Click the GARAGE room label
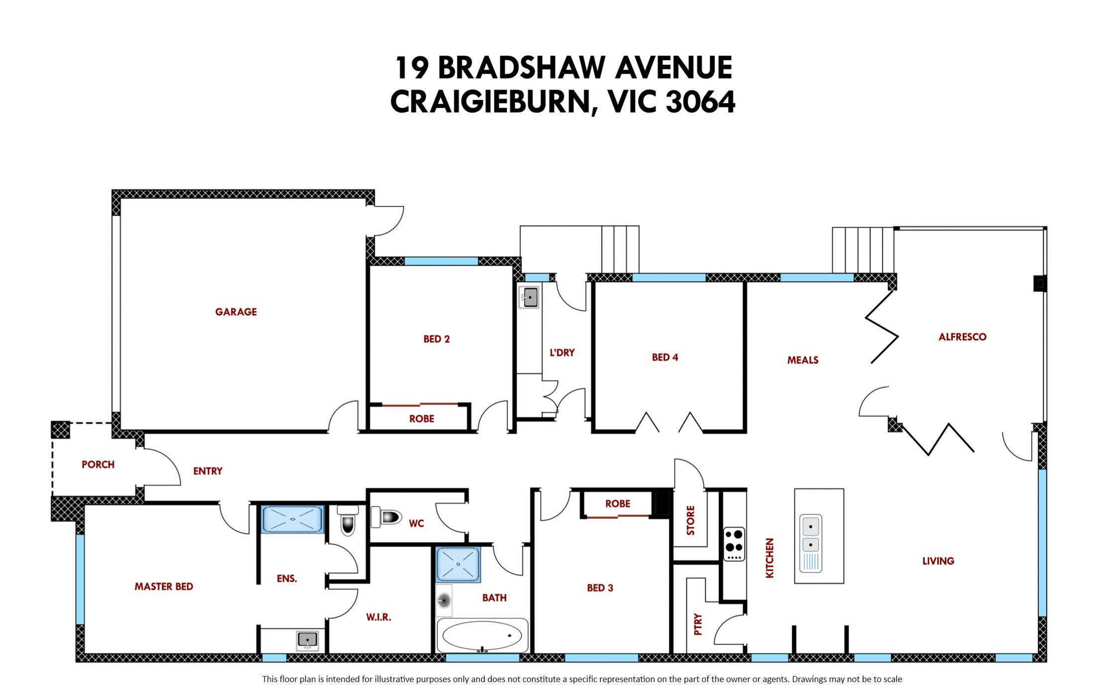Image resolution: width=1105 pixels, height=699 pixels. click(x=236, y=312)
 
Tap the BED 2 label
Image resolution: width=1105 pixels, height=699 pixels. click(x=437, y=339)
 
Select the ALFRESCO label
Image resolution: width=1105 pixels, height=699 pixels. click(x=962, y=337)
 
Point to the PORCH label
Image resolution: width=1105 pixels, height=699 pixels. click(x=98, y=465)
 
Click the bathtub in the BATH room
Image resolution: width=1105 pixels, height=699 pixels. click(x=482, y=636)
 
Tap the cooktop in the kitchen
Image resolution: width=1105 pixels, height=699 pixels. click(x=734, y=544)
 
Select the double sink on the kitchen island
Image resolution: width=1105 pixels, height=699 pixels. click(x=811, y=543)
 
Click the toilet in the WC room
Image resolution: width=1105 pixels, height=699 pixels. click(x=387, y=517)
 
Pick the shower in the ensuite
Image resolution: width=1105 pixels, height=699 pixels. click(x=293, y=519)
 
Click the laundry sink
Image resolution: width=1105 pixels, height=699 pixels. click(x=529, y=297)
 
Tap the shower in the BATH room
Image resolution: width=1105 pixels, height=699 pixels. click(x=458, y=565)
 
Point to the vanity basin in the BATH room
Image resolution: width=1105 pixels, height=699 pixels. click(x=444, y=600)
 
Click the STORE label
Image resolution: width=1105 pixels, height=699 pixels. click(x=690, y=520)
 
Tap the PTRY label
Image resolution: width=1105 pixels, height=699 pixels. click(x=698, y=624)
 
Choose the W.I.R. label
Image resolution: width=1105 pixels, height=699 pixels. click(x=379, y=617)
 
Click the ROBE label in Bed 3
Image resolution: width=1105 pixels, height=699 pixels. click(x=618, y=504)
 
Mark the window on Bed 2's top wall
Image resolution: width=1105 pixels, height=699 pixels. click(x=441, y=261)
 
